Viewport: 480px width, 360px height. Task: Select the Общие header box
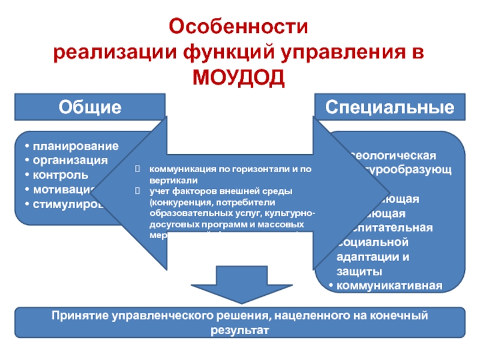point(90,107)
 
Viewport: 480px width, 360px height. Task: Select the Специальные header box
point(390,107)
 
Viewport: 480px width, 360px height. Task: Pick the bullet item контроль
point(61,175)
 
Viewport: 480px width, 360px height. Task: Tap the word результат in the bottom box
point(239,329)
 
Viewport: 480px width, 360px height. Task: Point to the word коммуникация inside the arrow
point(181,170)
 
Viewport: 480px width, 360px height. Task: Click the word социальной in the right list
point(372,242)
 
